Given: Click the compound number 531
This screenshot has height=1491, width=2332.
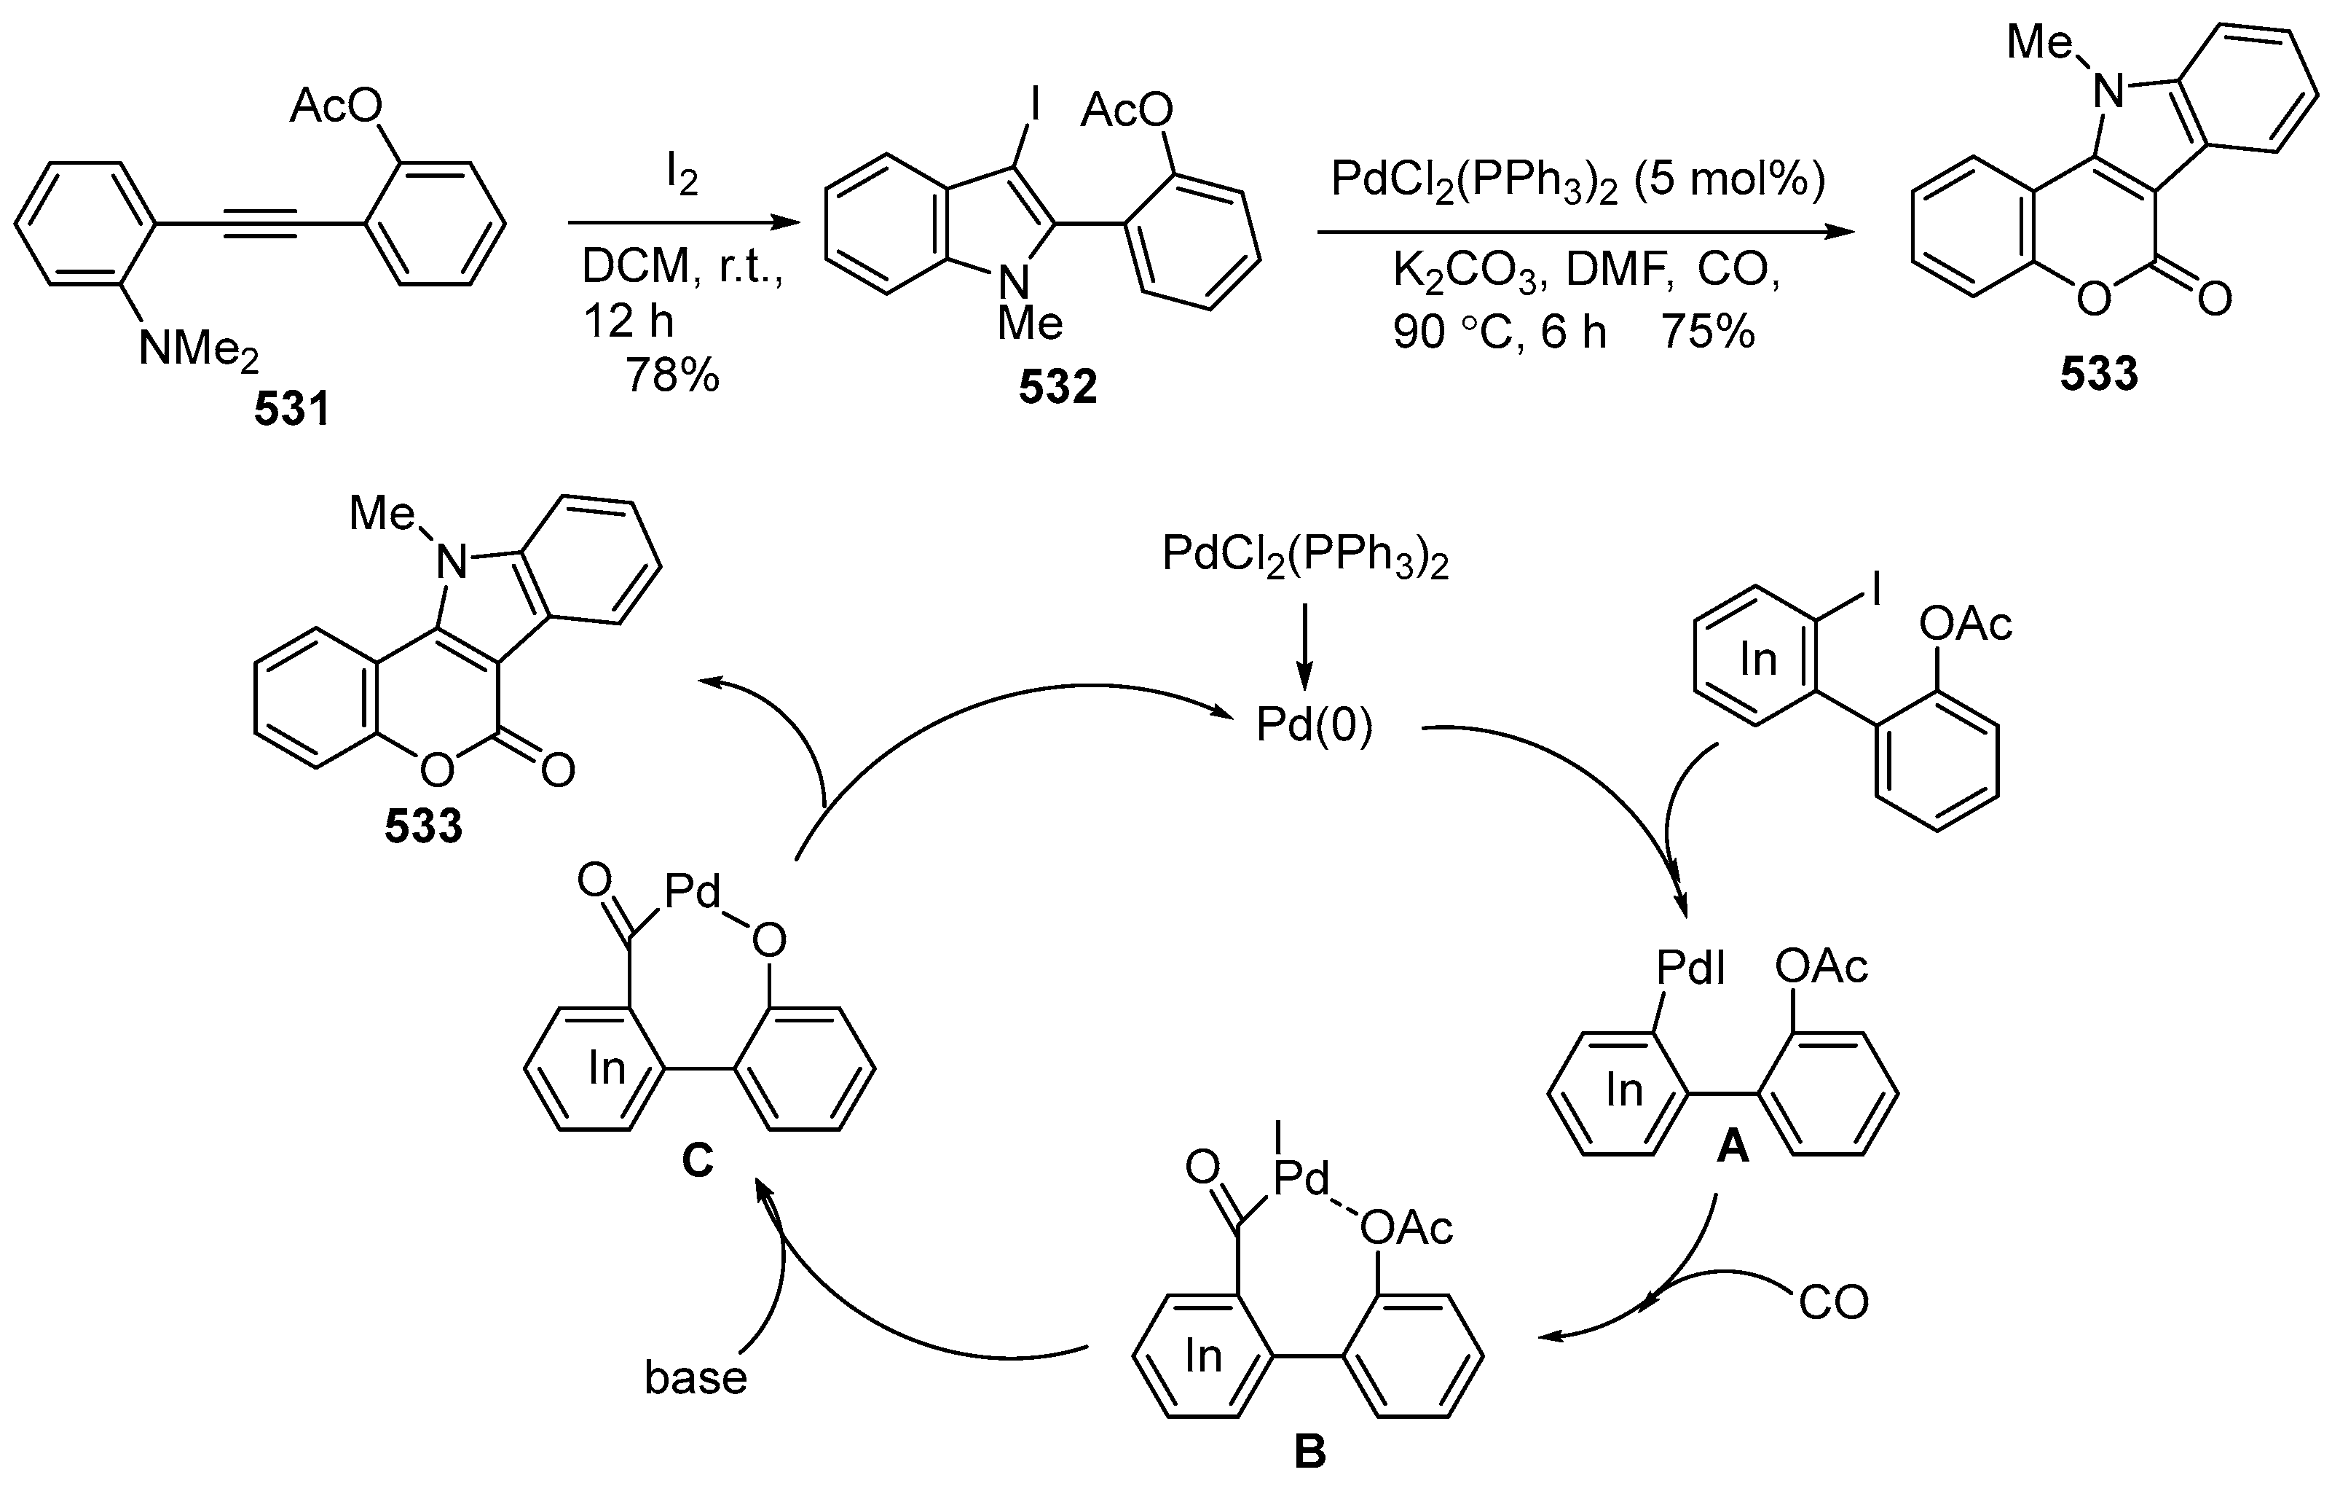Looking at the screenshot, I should [291, 410].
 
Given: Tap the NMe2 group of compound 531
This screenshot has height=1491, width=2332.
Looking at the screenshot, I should [199, 349].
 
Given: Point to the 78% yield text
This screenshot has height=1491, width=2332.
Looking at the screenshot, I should [672, 374].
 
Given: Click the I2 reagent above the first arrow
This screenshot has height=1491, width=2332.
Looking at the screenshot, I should [682, 176].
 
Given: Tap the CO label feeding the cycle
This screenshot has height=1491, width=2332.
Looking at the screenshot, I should [1833, 1303].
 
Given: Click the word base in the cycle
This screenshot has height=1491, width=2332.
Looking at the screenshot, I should [696, 1377].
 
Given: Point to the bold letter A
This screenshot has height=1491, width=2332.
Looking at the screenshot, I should [1733, 1148].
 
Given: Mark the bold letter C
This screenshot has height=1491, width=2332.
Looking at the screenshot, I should [697, 1159].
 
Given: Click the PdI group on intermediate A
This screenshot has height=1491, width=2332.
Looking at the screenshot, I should [1690, 967].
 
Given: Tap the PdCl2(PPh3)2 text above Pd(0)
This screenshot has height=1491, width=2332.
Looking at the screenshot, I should [1304, 557].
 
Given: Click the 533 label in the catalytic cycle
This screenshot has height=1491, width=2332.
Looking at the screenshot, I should [423, 826].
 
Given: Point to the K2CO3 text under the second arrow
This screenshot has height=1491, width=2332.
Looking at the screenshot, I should [1463, 273].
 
